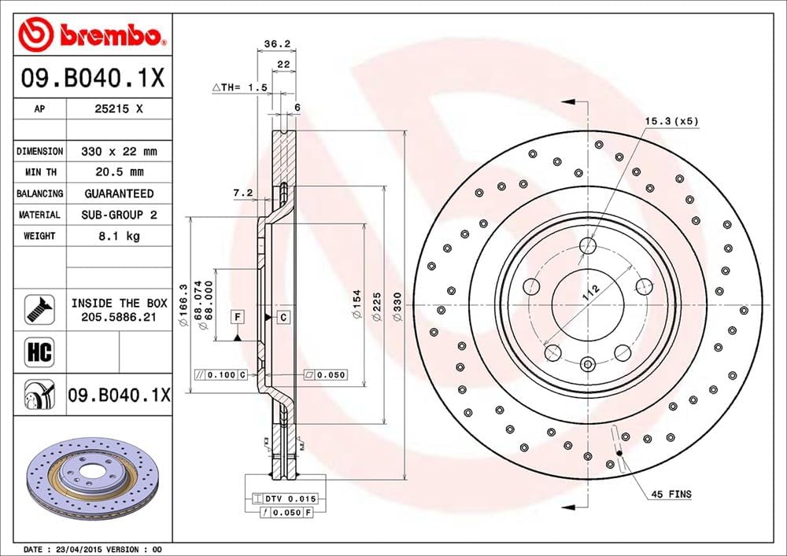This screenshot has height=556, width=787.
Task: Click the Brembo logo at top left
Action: click(93, 35)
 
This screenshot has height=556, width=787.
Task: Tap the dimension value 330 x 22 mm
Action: click(119, 151)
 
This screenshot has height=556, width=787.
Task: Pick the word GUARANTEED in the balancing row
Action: click(119, 193)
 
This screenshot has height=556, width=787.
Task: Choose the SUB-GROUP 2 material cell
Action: click(119, 215)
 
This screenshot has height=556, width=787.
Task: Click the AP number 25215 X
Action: click(119, 110)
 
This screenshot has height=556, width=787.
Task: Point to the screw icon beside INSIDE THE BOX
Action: click(38, 308)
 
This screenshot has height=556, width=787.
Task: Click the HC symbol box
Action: click(39, 352)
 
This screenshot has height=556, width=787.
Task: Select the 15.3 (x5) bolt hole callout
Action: click(671, 120)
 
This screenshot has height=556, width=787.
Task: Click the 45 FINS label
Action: click(671, 494)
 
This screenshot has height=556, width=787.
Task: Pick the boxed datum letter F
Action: click(236, 317)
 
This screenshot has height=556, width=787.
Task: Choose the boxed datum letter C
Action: click(283, 317)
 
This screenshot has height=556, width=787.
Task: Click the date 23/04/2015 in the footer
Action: click(78, 549)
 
